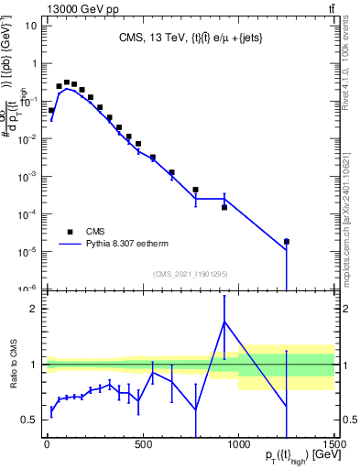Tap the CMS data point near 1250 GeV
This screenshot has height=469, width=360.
[287, 242]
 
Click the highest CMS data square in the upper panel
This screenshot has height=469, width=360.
[66, 82]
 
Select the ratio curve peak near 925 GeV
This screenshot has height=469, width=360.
[224, 322]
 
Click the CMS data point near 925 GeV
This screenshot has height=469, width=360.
[224, 207]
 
